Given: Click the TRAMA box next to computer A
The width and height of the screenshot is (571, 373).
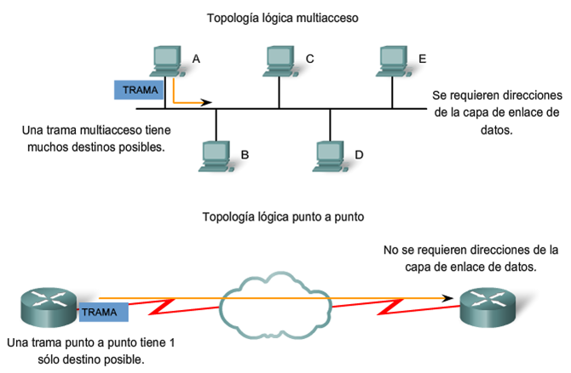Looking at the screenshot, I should click(x=139, y=89).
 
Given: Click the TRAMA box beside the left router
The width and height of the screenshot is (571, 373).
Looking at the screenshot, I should click(x=103, y=312).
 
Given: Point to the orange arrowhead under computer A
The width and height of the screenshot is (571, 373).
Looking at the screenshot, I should click(x=206, y=103).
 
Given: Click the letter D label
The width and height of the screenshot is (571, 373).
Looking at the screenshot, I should click(x=359, y=154).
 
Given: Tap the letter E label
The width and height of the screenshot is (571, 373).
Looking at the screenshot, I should click(x=423, y=59).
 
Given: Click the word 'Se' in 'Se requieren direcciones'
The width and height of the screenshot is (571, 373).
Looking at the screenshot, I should click(x=440, y=95).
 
